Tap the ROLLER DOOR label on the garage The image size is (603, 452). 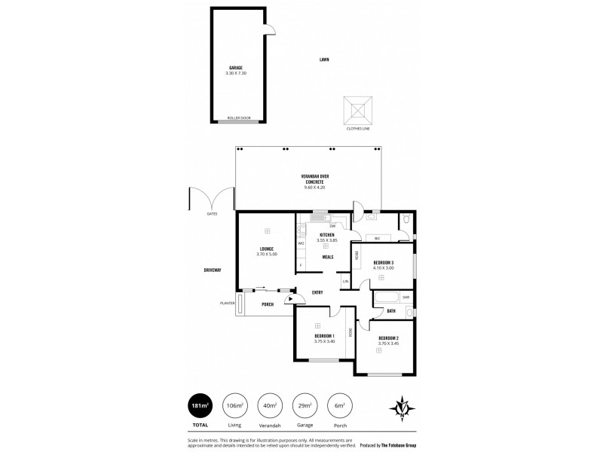tap(239, 118)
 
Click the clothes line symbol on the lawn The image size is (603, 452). tap(358, 110)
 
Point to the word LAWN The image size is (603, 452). tap(324, 59)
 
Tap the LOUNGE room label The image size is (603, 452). tap(267, 249)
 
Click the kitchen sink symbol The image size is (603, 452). tap(319, 219)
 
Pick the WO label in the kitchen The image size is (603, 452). tap(300, 243)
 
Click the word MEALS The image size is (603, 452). tap(328, 257)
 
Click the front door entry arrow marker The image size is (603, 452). tap(289, 299)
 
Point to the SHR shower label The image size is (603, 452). tap(406, 298)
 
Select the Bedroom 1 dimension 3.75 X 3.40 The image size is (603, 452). tap(325, 341)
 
